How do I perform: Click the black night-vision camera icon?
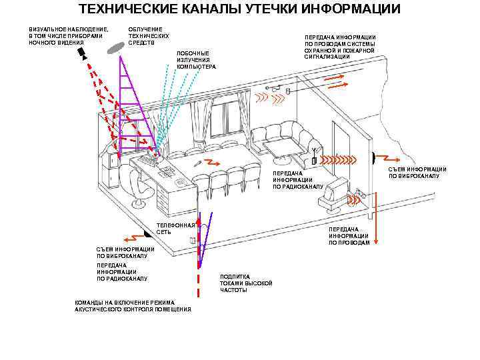click(x=82, y=53)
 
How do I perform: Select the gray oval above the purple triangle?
click(x=116, y=49)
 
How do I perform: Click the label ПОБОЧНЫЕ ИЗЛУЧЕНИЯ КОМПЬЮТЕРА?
click(x=196, y=60)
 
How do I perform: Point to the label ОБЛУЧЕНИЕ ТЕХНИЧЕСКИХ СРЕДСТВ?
click(x=149, y=36)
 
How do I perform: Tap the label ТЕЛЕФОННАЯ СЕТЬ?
click(x=176, y=229)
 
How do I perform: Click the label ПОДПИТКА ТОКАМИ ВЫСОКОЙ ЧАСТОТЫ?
click(x=246, y=283)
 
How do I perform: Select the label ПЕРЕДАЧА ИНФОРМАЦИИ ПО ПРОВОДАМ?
click(x=349, y=236)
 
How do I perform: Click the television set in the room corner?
click(x=334, y=195)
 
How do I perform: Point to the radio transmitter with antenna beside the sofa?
click(x=314, y=157)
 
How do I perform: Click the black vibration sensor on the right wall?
click(x=374, y=157)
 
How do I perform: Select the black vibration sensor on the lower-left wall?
click(x=147, y=233)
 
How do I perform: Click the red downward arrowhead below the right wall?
click(x=376, y=242)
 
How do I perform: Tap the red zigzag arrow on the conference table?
click(x=212, y=162)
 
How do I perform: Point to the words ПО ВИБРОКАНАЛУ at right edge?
click(x=414, y=176)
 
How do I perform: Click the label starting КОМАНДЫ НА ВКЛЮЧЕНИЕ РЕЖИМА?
click(x=133, y=306)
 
